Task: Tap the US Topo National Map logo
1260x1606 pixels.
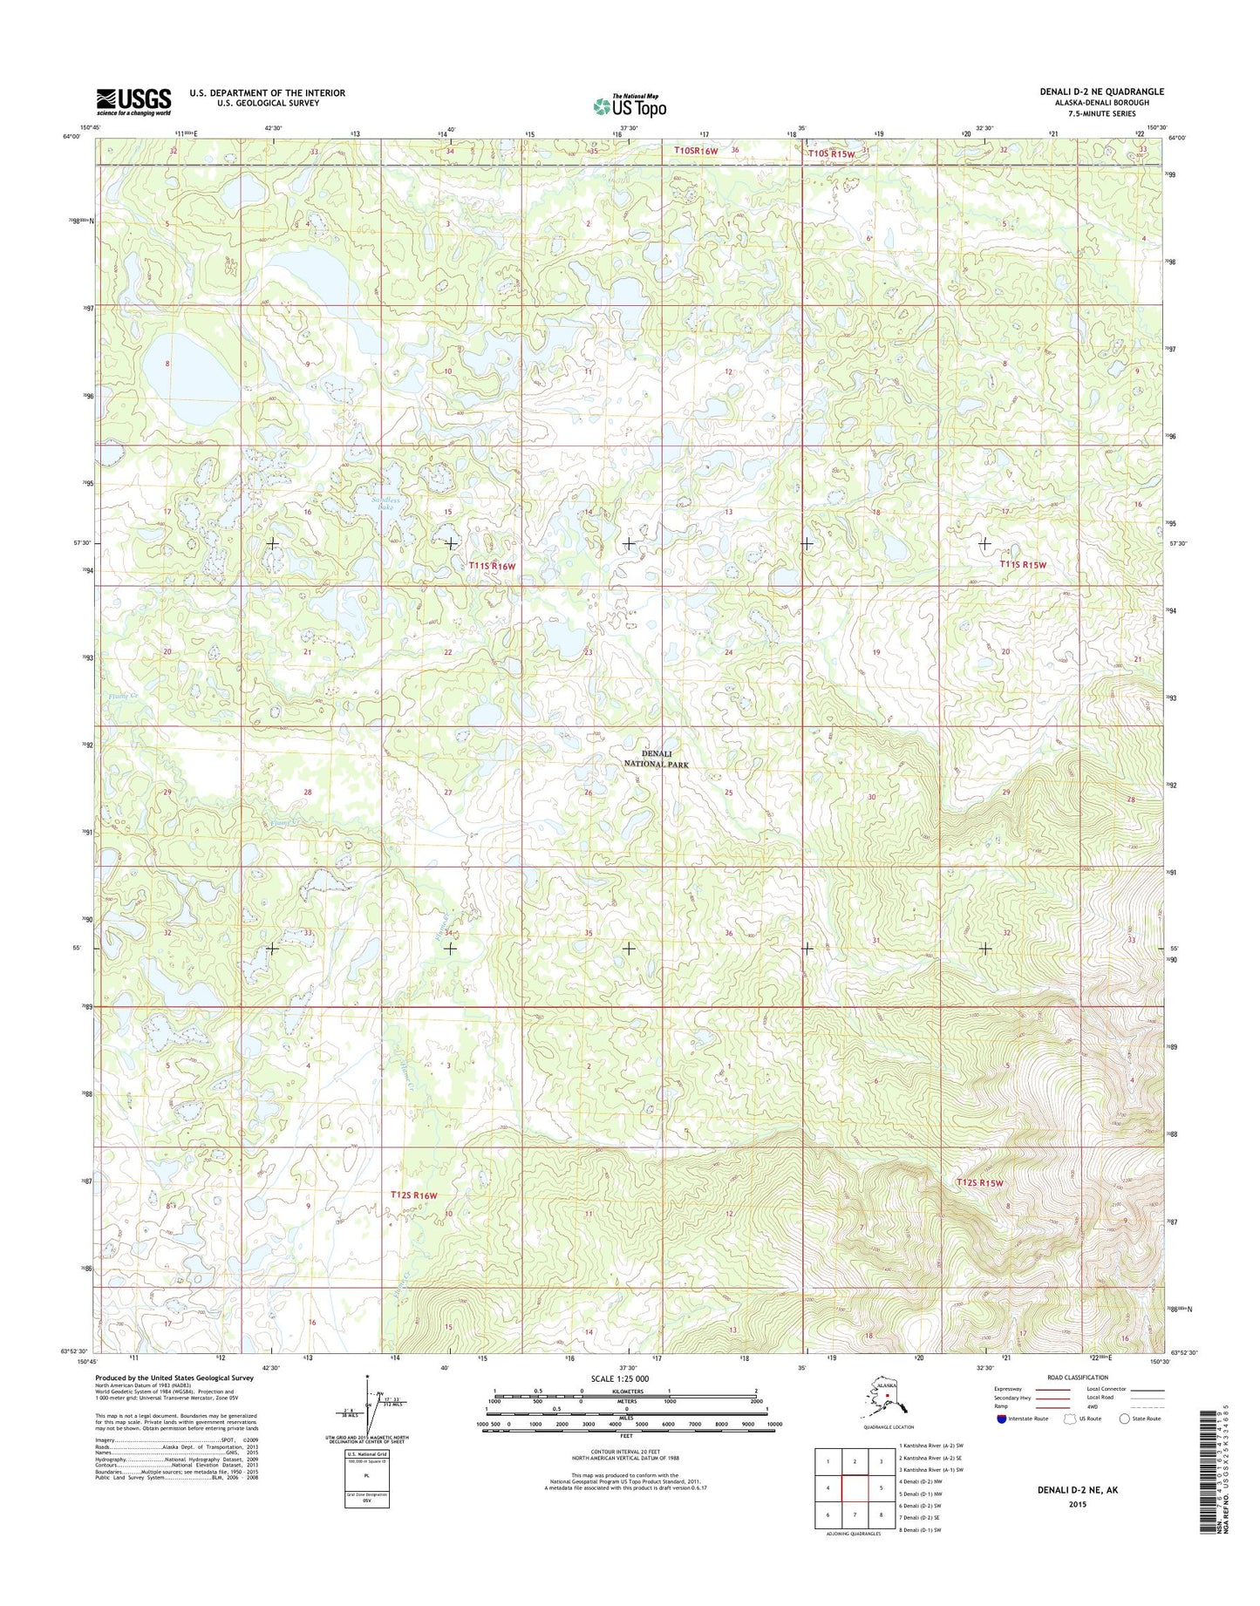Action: coord(630,105)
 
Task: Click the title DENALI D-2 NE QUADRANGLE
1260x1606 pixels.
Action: coord(1101,92)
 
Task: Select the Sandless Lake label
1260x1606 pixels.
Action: coord(385,506)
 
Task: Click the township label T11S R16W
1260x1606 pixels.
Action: coord(492,566)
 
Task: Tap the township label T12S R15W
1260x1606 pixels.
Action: coord(979,1183)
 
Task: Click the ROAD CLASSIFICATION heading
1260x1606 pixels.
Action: coord(1079,1378)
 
